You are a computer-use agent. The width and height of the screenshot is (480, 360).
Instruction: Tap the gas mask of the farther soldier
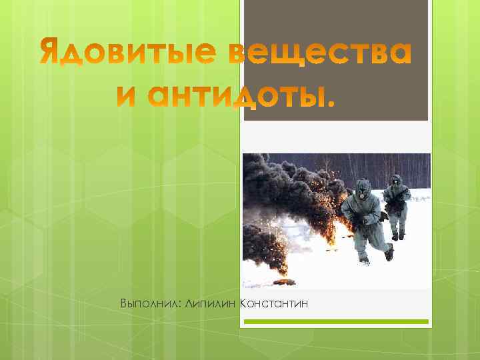(x=396, y=181)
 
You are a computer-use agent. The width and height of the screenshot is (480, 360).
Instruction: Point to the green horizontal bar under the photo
(x=335, y=322)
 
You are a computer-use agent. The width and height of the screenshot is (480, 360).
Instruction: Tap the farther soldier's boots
(x=398, y=235)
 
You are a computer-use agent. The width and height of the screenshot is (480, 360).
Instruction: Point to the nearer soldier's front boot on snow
(x=364, y=259)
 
